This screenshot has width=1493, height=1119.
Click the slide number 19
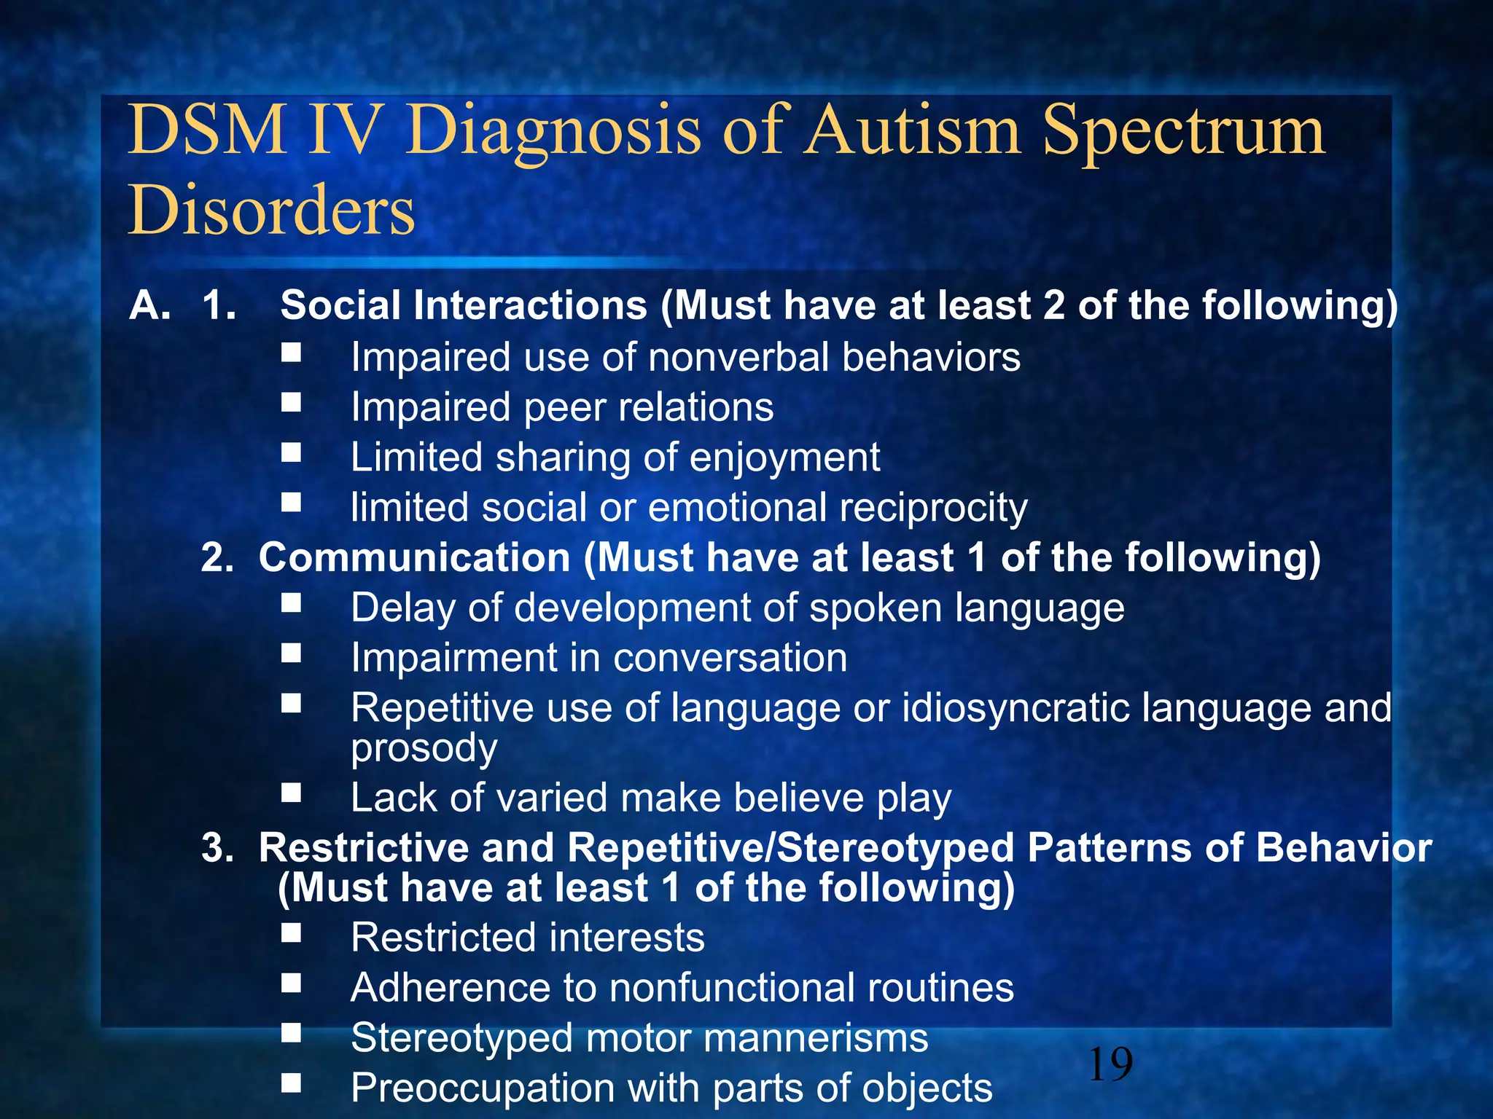click(x=1110, y=1064)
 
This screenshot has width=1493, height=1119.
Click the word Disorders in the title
click(x=271, y=210)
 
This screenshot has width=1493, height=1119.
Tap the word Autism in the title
click(x=914, y=130)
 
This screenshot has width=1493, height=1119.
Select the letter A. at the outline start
click(x=150, y=305)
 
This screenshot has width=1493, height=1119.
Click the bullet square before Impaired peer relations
click(x=292, y=403)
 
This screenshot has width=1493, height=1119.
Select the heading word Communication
click(x=414, y=558)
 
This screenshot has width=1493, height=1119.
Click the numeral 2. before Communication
click(x=217, y=558)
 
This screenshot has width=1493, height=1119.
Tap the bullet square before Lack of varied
click(x=292, y=793)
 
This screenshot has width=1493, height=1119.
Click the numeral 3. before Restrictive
click(x=217, y=849)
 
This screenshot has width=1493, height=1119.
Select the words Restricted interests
click(x=527, y=938)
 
